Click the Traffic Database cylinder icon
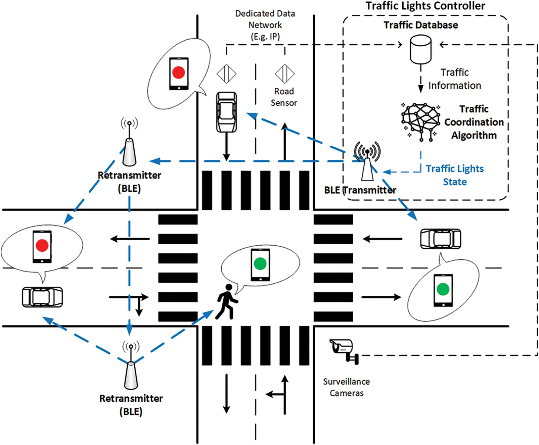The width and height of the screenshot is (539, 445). click(420, 50)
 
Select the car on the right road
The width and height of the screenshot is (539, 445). click(441, 239)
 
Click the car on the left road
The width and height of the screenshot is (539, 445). click(42, 297)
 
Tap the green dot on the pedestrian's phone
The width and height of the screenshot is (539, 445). click(260, 263)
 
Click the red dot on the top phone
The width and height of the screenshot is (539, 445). click(178, 72)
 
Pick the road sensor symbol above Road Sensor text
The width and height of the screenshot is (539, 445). click(284, 73)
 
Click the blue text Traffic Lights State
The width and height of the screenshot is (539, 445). click(455, 175)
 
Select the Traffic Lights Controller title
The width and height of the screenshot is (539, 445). click(425, 6)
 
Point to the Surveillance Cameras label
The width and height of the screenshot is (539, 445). click(346, 387)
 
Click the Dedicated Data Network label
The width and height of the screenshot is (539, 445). click(265, 25)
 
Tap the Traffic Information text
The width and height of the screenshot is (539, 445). click(454, 79)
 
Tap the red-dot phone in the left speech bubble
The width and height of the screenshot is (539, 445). click(42, 247)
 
